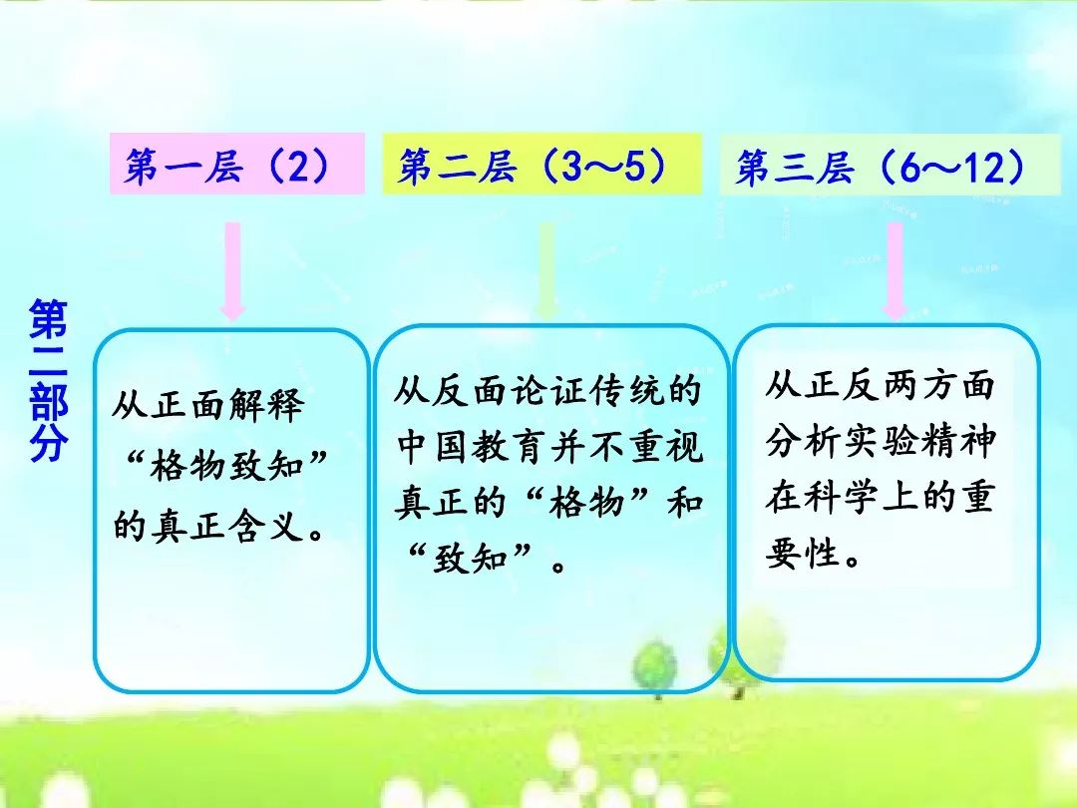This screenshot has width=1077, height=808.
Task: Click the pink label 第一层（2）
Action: [x=237, y=164]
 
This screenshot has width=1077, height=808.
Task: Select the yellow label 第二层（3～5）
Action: [x=541, y=165]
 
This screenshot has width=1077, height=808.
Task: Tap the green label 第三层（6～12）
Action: [x=891, y=165]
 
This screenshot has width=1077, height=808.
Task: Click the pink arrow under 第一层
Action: [x=232, y=271]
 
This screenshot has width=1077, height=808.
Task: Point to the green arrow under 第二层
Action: [x=546, y=271]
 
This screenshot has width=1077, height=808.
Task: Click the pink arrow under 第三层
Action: [x=895, y=271]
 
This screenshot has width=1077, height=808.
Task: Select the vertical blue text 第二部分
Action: [x=49, y=380]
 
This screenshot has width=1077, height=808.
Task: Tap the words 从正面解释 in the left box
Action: [x=208, y=405]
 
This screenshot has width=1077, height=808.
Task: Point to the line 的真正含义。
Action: [x=218, y=526]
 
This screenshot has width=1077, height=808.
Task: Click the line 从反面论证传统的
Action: [x=547, y=390]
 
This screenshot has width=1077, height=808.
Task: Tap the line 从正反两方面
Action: [x=881, y=384]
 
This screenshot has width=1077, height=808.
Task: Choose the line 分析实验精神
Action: [x=881, y=441]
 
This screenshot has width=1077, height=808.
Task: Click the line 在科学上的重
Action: [x=881, y=496]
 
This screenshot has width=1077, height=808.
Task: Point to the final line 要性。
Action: [x=814, y=553]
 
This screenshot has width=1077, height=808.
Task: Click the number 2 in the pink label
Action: [x=298, y=166]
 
